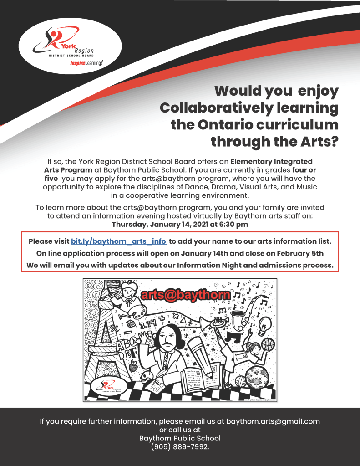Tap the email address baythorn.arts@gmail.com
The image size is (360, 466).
click(273, 421)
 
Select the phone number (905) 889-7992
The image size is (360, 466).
click(180, 447)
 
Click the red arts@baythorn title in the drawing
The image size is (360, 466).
click(186, 295)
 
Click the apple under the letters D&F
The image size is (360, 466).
click(133, 366)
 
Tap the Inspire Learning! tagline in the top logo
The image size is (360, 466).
click(86, 64)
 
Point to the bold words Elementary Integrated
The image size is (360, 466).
click(272, 161)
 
